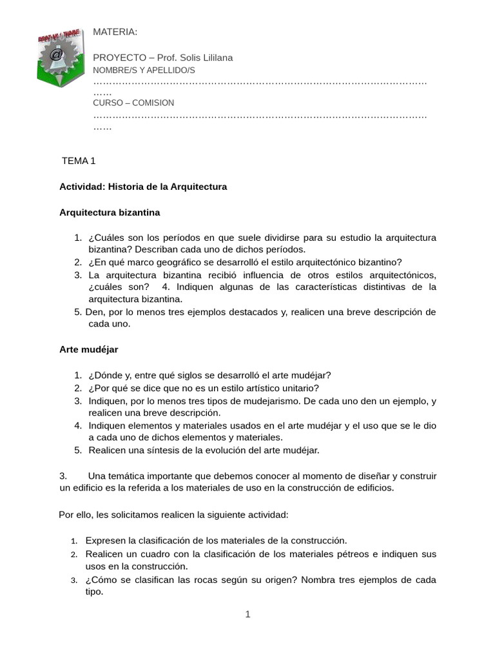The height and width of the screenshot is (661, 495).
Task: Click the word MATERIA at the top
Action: click(x=115, y=32)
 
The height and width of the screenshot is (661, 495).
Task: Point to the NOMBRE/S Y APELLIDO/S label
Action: click(x=144, y=70)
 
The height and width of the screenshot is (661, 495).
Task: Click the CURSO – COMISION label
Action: click(x=133, y=103)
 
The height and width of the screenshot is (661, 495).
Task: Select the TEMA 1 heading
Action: click(x=78, y=161)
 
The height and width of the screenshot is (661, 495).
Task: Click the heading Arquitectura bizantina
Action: click(x=110, y=212)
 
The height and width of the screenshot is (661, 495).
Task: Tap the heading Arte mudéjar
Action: click(x=88, y=349)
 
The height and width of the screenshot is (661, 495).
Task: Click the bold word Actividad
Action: click(x=81, y=187)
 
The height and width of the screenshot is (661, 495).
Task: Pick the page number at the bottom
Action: click(x=247, y=614)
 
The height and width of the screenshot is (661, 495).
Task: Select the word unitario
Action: click(x=297, y=388)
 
